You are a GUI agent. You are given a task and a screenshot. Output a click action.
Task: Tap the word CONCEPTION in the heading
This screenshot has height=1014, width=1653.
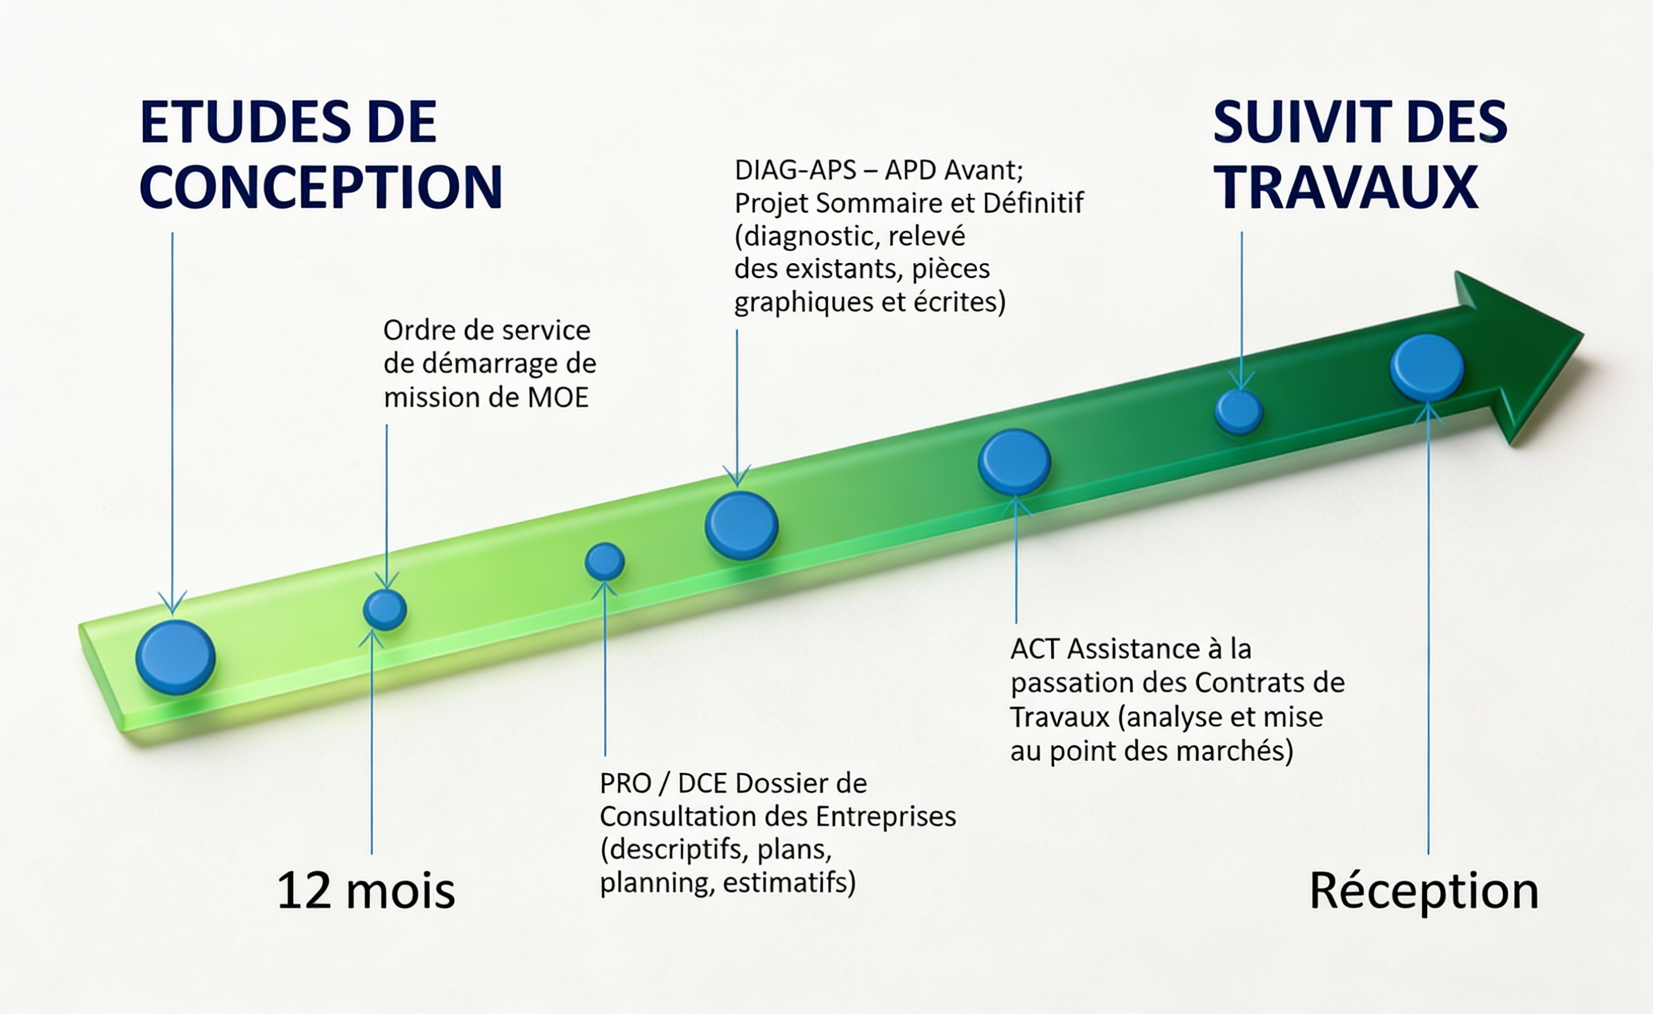tap(321, 187)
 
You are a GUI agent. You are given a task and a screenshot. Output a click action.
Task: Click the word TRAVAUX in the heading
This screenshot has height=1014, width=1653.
tap(1346, 187)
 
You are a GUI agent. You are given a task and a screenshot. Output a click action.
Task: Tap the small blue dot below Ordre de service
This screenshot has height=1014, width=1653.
tap(385, 609)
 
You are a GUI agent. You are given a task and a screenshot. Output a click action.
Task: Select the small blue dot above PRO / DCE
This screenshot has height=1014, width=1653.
tap(605, 561)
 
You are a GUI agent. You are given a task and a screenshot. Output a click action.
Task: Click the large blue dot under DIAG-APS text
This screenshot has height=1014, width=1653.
tap(741, 526)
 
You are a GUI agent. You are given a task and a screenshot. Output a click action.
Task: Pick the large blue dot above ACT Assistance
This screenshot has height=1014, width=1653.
tap(1014, 462)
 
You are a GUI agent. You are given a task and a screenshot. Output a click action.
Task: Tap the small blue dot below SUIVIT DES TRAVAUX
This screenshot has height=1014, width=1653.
tap(1238, 412)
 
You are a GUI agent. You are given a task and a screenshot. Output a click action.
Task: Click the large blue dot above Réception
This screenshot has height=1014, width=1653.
tap(1427, 367)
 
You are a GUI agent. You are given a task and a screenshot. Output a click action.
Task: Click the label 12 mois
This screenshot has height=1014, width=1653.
tap(366, 891)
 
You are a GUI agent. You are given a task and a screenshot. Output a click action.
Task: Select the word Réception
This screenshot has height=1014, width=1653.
tap(1423, 891)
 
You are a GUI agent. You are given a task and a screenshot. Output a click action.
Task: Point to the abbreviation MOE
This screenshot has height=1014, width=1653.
tap(558, 398)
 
